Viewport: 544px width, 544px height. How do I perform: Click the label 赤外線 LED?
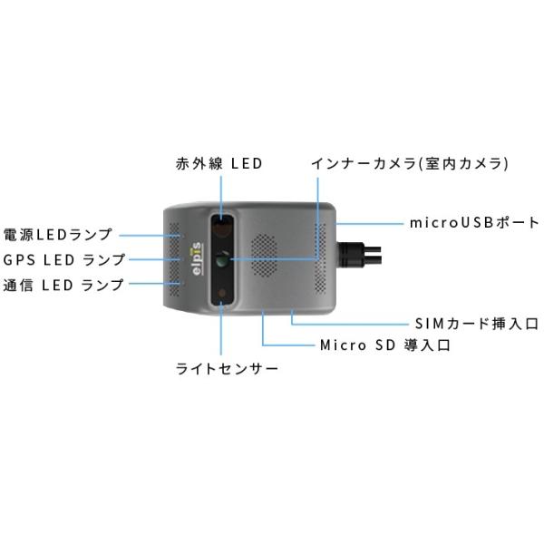[219, 164]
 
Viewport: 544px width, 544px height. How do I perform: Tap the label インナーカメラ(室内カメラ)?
[409, 164]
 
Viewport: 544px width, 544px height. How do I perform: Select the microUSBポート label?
[474, 222]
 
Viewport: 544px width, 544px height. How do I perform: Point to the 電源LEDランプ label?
[58, 235]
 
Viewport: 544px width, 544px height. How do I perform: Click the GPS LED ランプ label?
[63, 259]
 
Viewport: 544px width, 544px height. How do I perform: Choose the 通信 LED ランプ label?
[63, 285]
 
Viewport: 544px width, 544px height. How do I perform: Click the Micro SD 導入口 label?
[384, 345]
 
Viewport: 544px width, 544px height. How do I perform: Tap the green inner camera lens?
[224, 262]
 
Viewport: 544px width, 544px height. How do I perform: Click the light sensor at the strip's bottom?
[223, 294]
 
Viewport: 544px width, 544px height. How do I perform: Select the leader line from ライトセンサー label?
[220, 331]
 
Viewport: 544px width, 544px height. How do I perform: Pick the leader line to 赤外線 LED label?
[219, 195]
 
